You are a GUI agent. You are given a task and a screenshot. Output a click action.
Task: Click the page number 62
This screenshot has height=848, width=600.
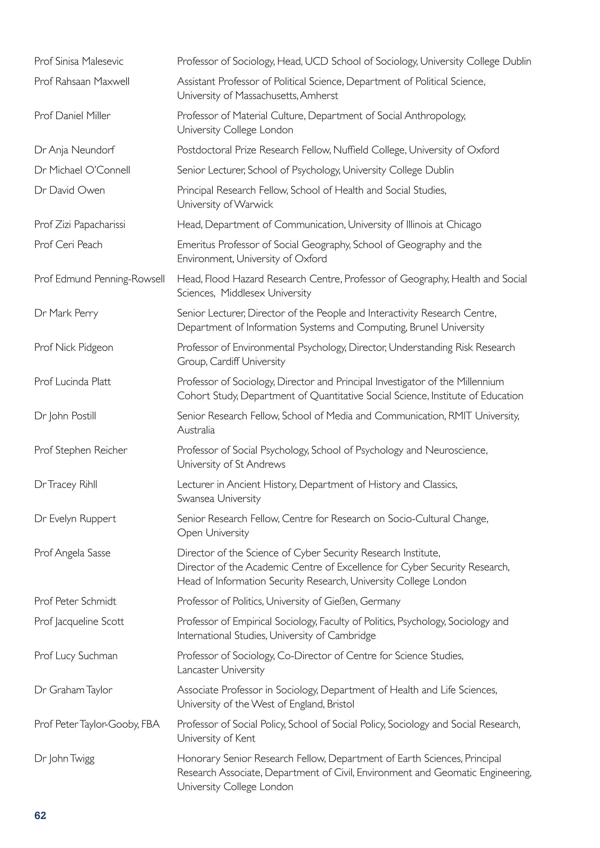tap(40, 815)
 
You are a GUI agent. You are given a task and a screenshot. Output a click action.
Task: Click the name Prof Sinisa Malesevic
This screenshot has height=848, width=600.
tap(79, 61)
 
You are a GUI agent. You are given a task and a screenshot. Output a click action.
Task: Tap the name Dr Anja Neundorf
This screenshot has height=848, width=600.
tap(74, 150)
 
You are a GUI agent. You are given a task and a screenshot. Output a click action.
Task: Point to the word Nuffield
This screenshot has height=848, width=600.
tap(351, 150)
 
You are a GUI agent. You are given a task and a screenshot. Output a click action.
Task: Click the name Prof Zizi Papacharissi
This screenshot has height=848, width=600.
tap(80, 225)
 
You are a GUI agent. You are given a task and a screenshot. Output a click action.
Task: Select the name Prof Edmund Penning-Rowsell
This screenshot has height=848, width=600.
tap(99, 279)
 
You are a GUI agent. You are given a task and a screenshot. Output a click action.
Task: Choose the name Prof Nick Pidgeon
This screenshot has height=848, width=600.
tap(74, 348)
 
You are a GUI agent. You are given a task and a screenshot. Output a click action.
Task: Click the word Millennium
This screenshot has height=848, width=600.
tap(480, 382)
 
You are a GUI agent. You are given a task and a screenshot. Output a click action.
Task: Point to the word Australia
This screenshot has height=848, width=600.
tap(196, 430)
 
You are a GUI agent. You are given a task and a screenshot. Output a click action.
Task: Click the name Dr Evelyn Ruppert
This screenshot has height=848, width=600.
tap(75, 519)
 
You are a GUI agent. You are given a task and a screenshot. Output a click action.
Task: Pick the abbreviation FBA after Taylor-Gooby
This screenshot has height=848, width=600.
tap(150, 724)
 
